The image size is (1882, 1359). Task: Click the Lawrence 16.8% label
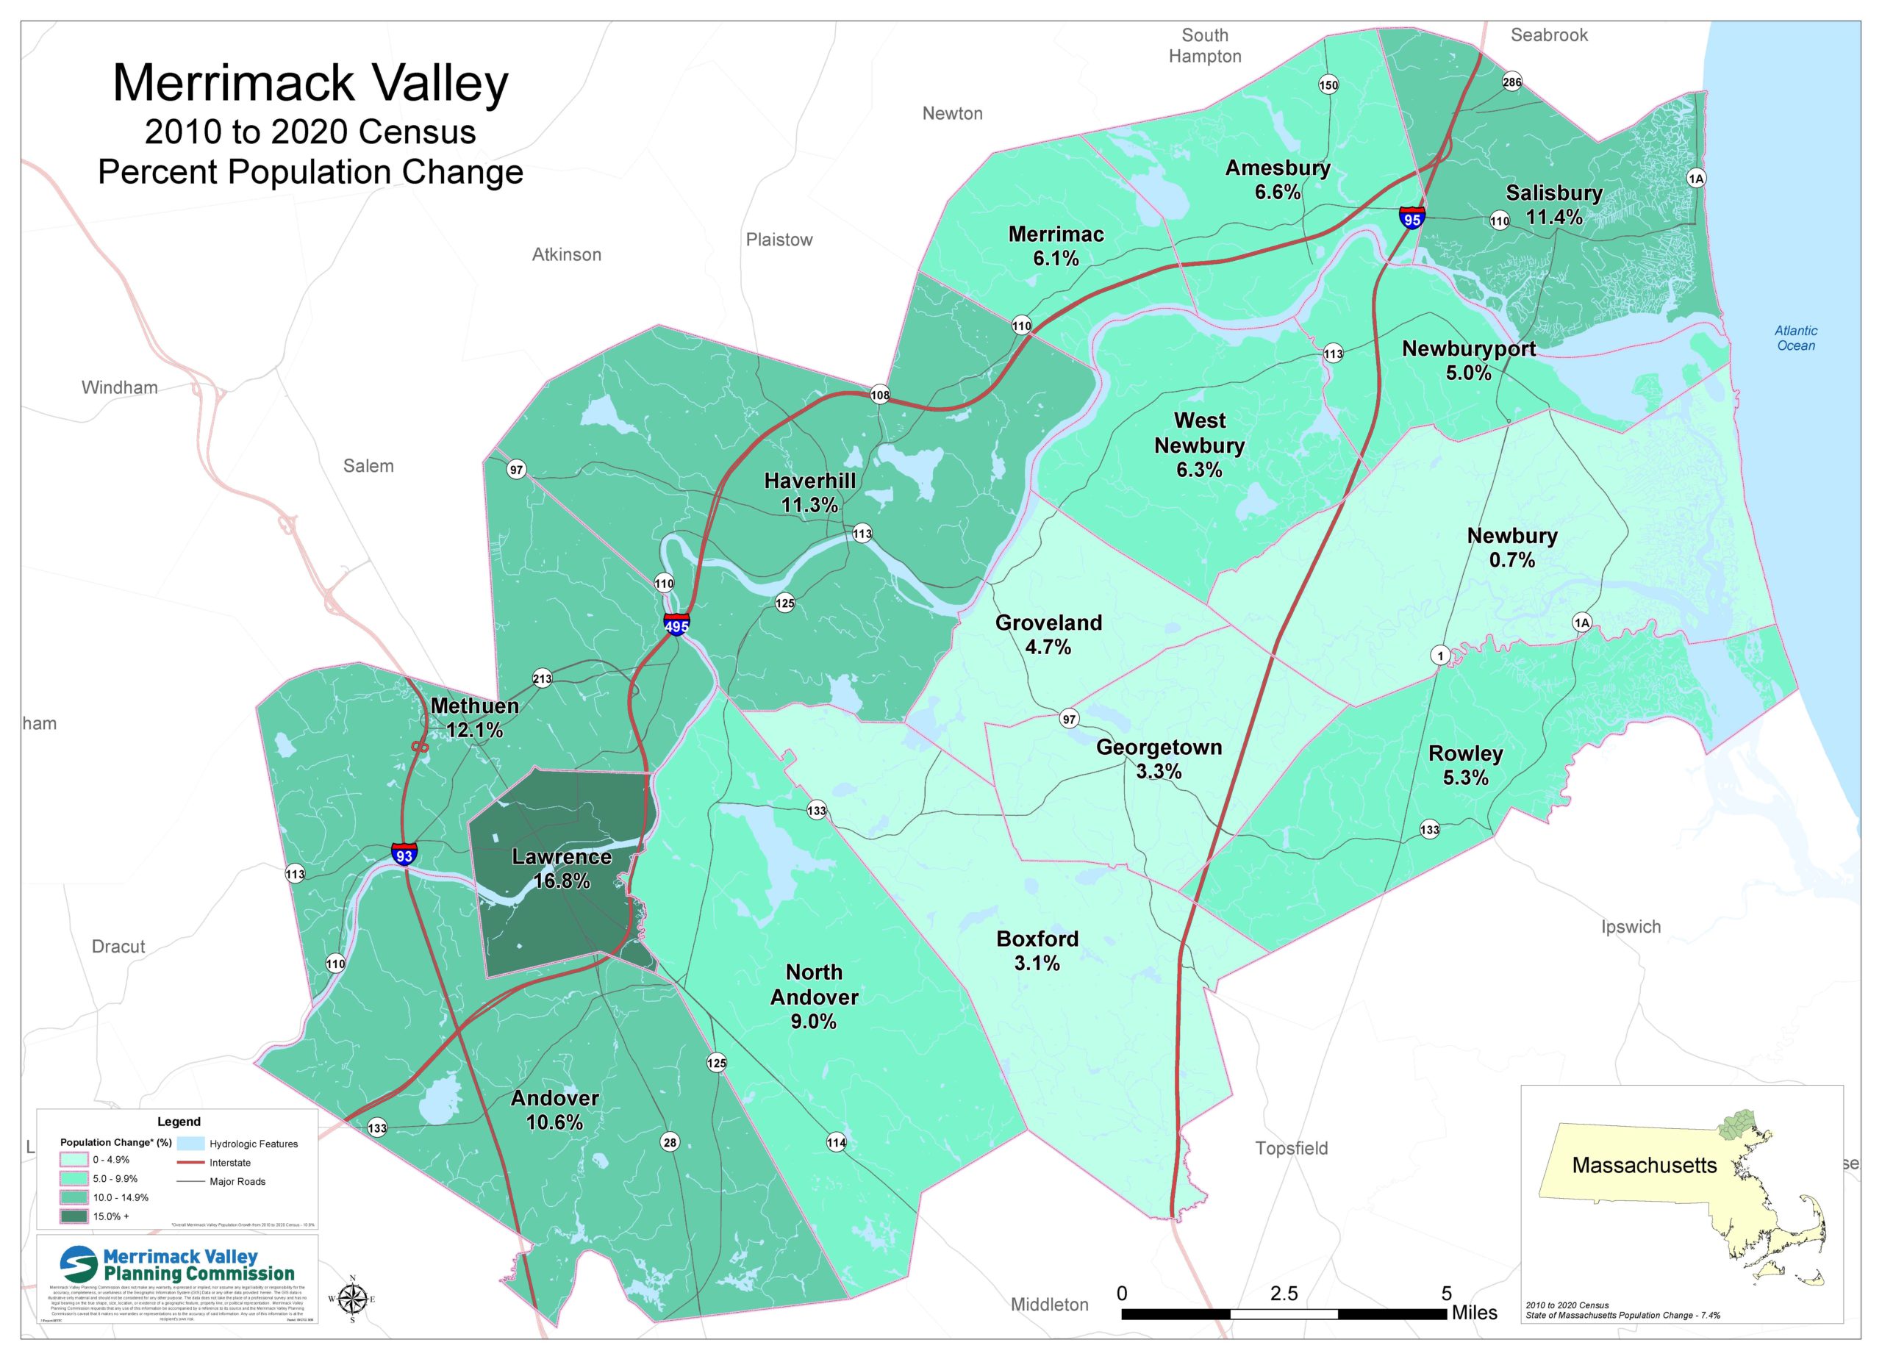coord(562,869)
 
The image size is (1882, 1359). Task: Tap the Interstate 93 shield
coord(404,854)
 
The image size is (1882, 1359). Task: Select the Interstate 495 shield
coord(676,625)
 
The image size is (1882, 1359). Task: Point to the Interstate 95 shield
coord(1411,218)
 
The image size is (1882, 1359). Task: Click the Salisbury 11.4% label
coord(1553,205)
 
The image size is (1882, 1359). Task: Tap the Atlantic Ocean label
coord(1796,337)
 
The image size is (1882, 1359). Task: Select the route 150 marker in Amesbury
coord(1328,85)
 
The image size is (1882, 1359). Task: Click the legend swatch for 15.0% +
coord(73,1216)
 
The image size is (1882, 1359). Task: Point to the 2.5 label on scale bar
coord(1283,1294)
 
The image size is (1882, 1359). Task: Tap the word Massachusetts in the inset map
coord(1643,1165)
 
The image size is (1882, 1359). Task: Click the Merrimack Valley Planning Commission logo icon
coord(79,1264)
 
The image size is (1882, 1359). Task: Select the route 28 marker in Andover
coord(670,1141)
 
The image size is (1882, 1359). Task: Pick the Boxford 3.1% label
coord(1037,951)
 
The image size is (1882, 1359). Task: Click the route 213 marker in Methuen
coord(542,678)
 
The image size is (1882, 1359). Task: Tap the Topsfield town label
coord(1291,1148)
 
